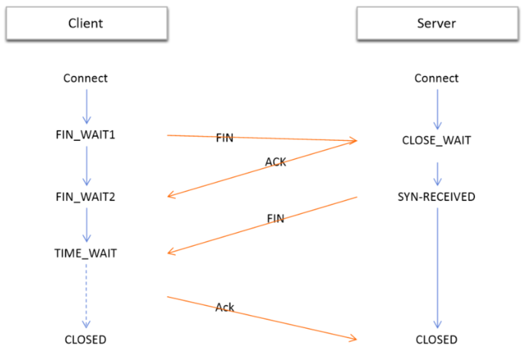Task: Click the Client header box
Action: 87,24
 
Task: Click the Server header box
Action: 437,24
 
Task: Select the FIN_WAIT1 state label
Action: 85,135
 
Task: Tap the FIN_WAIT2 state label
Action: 85,197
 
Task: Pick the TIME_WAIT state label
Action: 86,253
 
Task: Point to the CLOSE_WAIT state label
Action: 437,140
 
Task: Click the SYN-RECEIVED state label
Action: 436,197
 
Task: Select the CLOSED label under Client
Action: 85,339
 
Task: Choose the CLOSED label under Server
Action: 437,339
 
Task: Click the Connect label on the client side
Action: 85,78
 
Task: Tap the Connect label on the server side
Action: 437,78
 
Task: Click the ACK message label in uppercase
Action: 275,162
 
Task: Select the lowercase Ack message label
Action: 224,307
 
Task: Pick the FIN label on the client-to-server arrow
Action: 224,138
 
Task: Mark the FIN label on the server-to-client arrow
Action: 275,218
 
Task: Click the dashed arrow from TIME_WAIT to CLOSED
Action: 86,296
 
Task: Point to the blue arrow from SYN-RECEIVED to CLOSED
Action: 437,268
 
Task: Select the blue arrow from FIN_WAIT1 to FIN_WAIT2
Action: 87,166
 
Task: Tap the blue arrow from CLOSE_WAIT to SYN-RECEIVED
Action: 437,174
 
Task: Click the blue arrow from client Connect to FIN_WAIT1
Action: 87,107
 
